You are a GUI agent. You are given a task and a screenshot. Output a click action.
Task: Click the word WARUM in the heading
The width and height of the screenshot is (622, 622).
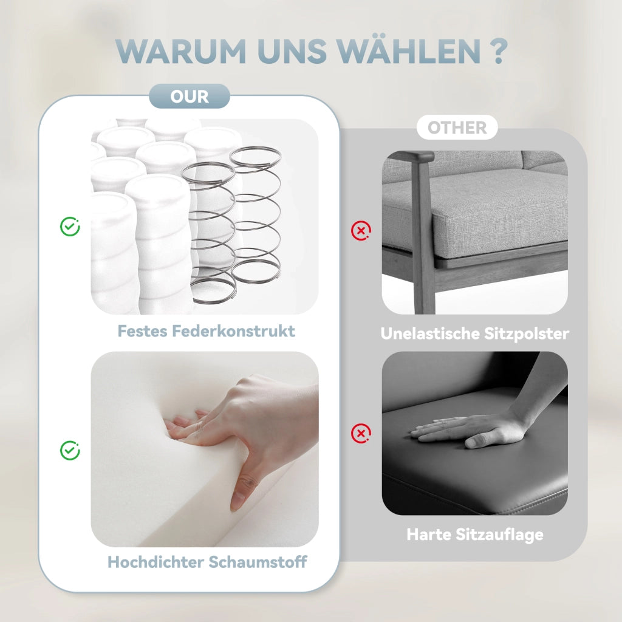181,51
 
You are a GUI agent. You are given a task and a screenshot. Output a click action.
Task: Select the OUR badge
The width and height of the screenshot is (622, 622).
190,97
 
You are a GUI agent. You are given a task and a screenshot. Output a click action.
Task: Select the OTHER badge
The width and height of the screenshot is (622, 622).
457,128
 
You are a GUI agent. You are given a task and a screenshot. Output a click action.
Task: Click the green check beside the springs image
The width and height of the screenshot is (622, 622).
70,227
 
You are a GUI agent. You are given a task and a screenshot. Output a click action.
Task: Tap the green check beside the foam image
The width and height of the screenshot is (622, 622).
70,450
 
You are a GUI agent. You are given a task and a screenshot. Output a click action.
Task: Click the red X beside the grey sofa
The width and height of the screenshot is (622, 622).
361,230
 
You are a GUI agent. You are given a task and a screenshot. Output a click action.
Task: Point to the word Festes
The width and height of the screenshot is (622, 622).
142,331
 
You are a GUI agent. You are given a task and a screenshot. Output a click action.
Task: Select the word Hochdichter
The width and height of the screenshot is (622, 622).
155,562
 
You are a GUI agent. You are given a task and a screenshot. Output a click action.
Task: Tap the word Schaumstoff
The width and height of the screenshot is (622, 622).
258,562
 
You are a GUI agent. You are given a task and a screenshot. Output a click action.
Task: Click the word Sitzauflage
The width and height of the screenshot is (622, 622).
499,535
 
